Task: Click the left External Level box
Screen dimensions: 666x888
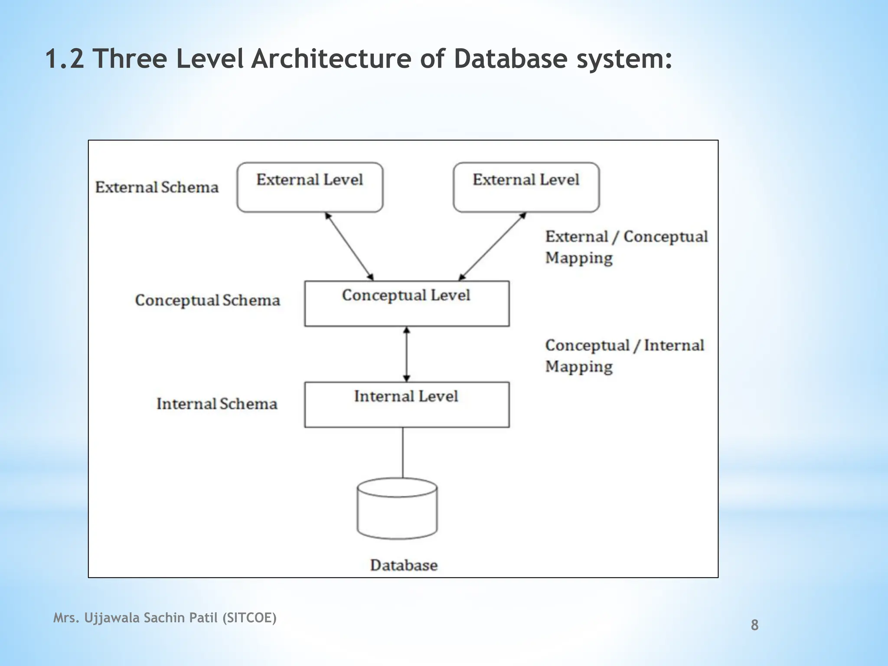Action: tap(310, 187)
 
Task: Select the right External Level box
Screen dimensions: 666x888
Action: tap(526, 187)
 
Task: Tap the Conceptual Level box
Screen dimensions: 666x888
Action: tap(407, 304)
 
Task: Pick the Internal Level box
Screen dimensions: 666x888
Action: tap(407, 405)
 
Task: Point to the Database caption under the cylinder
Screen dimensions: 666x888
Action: tap(404, 565)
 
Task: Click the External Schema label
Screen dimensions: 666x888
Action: tap(157, 187)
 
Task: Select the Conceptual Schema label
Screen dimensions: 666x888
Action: tap(207, 300)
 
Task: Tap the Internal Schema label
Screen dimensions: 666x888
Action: tap(217, 404)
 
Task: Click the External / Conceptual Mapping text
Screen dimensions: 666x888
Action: tap(626, 247)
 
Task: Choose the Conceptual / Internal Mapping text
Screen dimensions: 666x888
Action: tap(624, 356)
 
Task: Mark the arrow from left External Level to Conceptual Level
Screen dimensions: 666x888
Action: tap(349, 246)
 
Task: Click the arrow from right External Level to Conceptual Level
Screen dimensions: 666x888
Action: tap(492, 246)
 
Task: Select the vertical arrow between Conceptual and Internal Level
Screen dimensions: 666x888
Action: tap(407, 354)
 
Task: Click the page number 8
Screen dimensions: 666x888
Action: tap(754, 625)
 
